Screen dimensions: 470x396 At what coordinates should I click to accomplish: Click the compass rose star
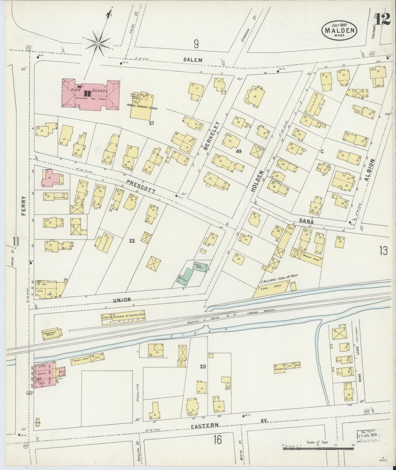[x=98, y=43]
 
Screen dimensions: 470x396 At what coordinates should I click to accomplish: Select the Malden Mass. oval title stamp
[x=340, y=30]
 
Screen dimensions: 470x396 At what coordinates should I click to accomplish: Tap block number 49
[x=238, y=151]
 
